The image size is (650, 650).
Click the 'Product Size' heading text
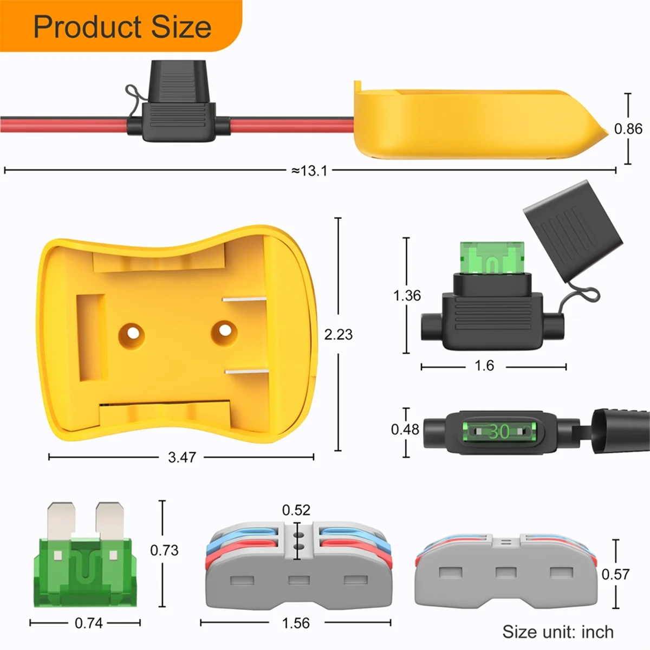tap(122, 27)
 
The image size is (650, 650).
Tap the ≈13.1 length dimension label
tap(309, 171)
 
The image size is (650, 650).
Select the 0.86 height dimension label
tap(628, 129)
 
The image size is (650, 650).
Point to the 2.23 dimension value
tap(338, 335)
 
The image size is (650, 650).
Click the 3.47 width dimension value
tap(181, 457)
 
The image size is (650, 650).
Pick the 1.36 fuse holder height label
tap(407, 296)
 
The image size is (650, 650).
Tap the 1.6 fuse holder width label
tap(484, 366)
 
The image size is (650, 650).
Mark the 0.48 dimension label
tap(405, 430)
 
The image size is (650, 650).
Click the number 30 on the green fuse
tap(499, 432)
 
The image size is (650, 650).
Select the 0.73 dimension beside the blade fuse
tap(164, 550)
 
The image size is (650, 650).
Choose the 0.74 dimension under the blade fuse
tap(88, 623)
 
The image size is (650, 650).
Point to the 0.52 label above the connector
tap(296, 510)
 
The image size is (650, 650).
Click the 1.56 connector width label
tap(296, 623)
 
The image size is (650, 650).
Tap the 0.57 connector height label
tap(616, 574)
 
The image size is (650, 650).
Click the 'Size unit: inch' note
tap(557, 632)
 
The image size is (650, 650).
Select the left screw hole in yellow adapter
tap(132, 332)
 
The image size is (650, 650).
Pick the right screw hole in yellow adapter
tap(224, 329)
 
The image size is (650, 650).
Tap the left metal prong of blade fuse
tap(61, 520)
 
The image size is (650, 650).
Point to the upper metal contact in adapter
tap(245, 299)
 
